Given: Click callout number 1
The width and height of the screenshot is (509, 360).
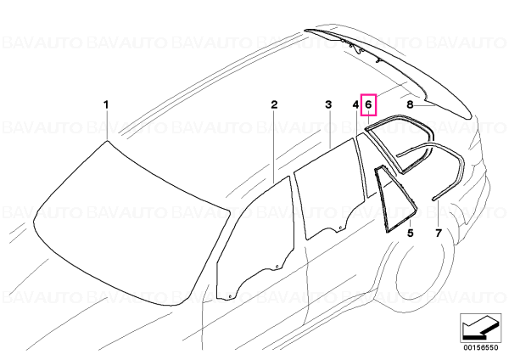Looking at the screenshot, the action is tap(106, 105).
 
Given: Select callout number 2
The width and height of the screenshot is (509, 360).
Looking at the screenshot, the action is tap(274, 105).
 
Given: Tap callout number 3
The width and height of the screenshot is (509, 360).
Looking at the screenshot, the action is tap(328, 105).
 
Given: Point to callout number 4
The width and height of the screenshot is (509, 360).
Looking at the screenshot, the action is tap(355, 105).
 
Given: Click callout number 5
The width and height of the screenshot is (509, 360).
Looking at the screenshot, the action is tap(411, 233).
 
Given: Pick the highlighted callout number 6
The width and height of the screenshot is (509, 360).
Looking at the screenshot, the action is tap(368, 104).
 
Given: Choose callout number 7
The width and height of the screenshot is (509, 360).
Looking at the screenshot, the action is tap(439, 233).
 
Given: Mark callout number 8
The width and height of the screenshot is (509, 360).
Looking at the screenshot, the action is tap(410, 105).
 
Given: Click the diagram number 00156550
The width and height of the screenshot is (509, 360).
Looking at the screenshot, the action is tap(481, 347).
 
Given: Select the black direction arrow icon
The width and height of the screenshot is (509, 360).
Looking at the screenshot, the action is tap(479, 328).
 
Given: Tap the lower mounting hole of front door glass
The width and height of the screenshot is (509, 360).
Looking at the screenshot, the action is tap(230, 296).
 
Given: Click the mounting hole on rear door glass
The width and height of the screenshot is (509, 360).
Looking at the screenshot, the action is tap(338, 230).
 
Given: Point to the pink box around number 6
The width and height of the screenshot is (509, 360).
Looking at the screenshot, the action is tap(368, 104).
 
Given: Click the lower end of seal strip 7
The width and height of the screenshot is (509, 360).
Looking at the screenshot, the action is tap(433, 198).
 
